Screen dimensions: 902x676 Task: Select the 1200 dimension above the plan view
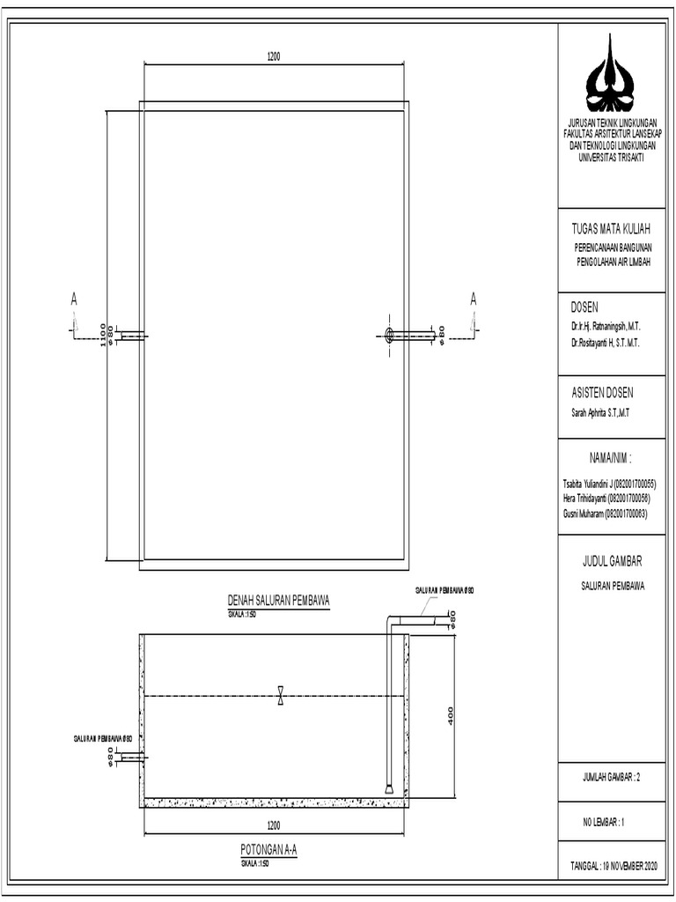pos(274,56)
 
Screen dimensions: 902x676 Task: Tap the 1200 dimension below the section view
pos(274,826)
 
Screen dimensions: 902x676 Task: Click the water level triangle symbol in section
pos(280,695)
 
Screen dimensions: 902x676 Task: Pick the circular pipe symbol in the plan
pos(390,334)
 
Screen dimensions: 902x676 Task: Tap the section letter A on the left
pos(75,300)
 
